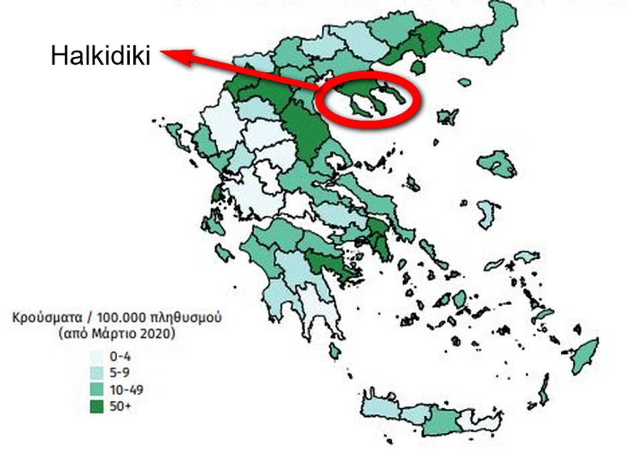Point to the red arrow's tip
[165, 56]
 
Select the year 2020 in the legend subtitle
[159, 333]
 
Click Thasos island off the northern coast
[419, 66]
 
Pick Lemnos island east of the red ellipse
[446, 116]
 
